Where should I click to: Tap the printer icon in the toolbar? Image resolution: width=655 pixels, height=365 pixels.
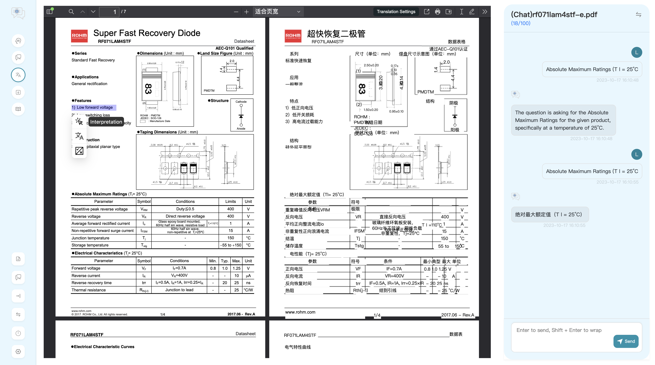pos(437,12)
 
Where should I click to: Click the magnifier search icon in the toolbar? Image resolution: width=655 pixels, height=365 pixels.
pos(71,12)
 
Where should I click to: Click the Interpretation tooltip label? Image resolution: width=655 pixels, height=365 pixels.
pos(106,122)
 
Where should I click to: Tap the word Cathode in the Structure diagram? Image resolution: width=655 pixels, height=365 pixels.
pos(241,102)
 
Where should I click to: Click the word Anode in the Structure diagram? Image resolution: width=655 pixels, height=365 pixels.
pos(241,129)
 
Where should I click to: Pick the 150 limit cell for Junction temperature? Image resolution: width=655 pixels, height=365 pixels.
pos(230,238)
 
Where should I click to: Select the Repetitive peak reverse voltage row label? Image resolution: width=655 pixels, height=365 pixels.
pos(100,209)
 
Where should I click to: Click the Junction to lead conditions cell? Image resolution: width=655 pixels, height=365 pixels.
pos(179,290)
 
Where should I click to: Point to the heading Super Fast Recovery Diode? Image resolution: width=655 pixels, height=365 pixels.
pos(147,33)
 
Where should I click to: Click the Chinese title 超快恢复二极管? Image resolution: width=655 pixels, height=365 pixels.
pos(336,34)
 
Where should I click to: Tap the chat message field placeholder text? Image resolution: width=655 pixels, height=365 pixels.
pos(559,330)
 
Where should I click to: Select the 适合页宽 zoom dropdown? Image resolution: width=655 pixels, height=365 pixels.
pos(278,12)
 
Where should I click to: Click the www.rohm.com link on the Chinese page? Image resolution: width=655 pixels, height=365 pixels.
pos(300,312)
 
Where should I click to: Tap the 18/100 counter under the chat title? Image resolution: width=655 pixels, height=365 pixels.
pos(520,23)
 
